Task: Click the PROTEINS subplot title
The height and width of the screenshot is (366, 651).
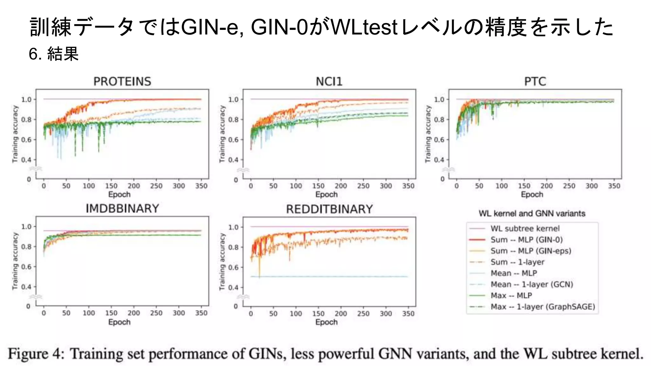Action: point(122,81)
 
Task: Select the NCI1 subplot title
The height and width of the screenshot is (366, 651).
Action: point(329,81)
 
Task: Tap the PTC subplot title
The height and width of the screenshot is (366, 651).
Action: point(535,81)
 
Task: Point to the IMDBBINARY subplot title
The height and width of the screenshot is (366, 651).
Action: point(122,208)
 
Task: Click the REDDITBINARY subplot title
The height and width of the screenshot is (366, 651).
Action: point(329,209)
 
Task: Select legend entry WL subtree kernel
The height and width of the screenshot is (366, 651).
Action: point(525,228)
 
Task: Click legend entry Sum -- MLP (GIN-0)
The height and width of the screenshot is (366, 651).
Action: point(526,240)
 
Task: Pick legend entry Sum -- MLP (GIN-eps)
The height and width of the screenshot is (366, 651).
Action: point(531,251)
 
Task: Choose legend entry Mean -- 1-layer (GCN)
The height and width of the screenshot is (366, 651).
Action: point(531,284)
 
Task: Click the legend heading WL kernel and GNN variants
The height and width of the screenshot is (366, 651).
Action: point(532,213)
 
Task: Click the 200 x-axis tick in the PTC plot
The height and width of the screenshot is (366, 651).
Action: point(546,186)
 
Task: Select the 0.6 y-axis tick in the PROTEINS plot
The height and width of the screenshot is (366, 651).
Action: point(26,140)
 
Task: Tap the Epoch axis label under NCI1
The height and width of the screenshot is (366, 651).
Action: point(326,194)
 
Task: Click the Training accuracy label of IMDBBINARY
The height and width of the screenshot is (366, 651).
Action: point(15,261)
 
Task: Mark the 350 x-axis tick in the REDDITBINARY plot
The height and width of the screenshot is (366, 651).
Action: point(408,314)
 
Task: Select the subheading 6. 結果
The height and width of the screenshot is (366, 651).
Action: point(53,54)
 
